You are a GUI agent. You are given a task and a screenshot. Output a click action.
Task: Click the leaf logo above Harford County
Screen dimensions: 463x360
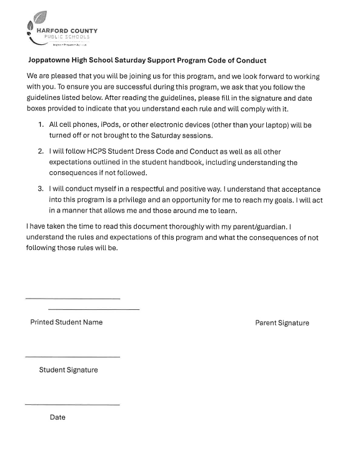(x=37, y=20)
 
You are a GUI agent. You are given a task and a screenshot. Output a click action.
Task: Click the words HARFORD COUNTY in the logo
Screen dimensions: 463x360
(x=67, y=30)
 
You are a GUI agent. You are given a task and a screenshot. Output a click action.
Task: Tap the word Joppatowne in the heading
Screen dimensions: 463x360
(x=51, y=61)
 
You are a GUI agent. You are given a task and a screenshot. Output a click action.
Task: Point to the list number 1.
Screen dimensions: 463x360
(x=41, y=125)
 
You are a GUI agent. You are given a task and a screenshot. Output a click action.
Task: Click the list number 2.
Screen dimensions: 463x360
(x=41, y=152)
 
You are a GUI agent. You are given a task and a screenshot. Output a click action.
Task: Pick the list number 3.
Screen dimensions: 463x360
(x=41, y=189)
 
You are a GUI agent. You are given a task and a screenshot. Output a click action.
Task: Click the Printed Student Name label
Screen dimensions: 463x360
(x=66, y=322)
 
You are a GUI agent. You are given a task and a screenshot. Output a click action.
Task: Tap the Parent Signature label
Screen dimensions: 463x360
(x=282, y=323)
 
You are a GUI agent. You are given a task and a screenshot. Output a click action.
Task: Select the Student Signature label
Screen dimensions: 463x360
(x=68, y=370)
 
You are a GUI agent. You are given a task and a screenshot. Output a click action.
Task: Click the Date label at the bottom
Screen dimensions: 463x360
(x=57, y=417)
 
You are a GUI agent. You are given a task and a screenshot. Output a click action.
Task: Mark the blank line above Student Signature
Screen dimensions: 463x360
(x=72, y=357)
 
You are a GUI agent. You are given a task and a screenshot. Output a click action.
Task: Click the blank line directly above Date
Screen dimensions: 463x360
(x=72, y=405)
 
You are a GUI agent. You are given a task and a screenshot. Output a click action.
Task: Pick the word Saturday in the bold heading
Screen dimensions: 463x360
(x=132, y=61)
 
